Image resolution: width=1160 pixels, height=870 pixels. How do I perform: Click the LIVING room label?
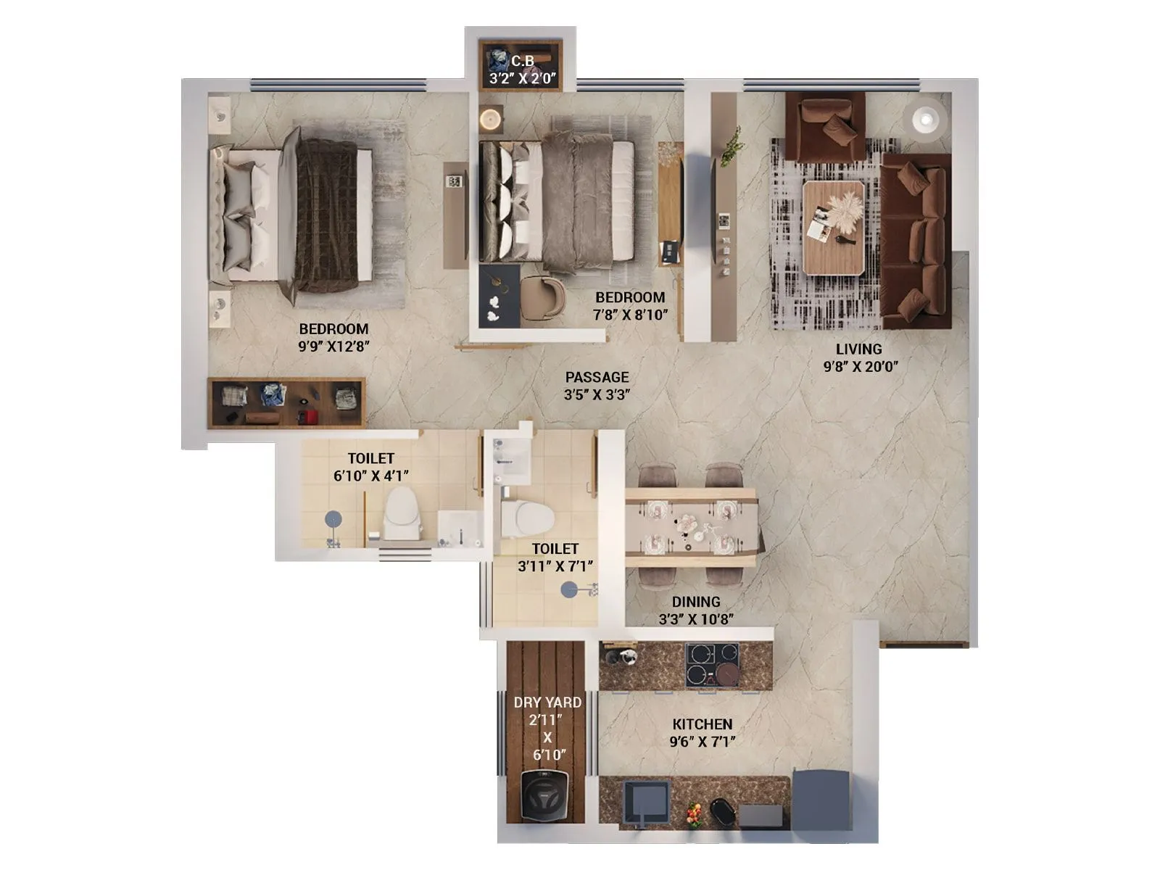[858, 349]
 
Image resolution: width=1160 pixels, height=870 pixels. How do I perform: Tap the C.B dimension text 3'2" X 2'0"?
[522, 78]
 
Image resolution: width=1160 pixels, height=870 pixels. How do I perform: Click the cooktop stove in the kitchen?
[711, 664]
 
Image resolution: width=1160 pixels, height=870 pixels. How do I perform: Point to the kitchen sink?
[645, 803]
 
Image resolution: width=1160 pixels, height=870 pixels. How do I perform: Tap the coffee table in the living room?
[833, 227]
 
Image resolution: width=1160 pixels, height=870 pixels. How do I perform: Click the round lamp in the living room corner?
[924, 118]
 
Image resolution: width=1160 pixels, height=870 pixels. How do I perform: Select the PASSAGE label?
[597, 377]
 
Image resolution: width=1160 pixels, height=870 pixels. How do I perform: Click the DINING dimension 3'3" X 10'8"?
[696, 619]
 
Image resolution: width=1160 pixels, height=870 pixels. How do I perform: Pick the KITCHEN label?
[702, 724]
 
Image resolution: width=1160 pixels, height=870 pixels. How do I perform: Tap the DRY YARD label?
[547, 702]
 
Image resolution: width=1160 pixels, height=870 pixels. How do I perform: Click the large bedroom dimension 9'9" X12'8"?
[333, 347]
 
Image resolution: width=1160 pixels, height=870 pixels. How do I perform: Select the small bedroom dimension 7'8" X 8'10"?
[629, 315]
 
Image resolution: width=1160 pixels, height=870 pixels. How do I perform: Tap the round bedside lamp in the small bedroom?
[491, 118]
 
